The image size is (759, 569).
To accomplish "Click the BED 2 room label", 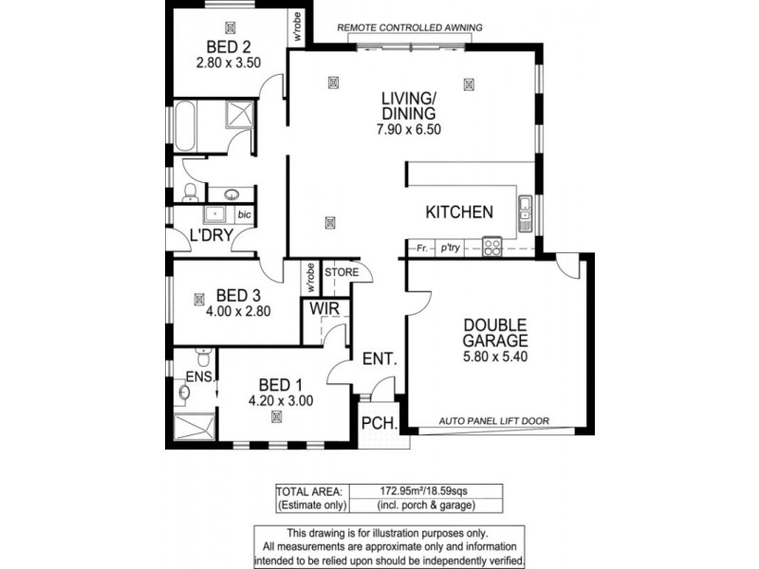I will point(228,46).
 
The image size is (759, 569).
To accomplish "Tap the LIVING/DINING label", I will point(408,105).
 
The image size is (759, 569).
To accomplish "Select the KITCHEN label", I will point(458,211).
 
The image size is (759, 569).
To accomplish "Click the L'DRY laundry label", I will point(211,235).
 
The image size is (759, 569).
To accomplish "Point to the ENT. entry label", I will point(379,359).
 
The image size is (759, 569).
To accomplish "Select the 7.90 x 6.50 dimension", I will point(408,129).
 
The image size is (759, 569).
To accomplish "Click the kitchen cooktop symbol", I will point(491,248).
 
